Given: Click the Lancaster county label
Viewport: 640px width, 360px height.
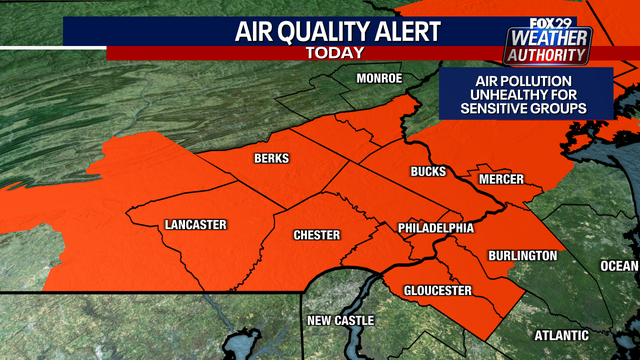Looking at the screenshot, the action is tap(196, 224).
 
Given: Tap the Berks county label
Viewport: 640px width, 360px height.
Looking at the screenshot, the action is tap(271, 160).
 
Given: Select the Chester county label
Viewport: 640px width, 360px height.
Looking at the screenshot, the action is tap(316, 235).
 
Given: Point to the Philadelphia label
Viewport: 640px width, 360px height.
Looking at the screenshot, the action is tap(435, 228).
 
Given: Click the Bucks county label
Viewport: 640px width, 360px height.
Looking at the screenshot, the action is tap(428, 172).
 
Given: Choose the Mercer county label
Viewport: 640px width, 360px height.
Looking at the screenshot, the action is tap(501, 179).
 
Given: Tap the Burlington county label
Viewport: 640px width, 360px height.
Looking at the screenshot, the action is tap(522, 256).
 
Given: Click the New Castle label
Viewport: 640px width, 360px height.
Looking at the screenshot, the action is tap(340, 320).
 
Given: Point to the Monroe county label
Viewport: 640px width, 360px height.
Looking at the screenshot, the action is tap(379, 78).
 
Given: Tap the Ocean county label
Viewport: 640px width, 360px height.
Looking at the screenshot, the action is tap(619, 265).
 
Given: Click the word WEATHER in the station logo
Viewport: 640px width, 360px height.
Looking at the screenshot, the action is tap(549, 38).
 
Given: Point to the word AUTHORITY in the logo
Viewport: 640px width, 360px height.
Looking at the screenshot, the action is tap(549, 55).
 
